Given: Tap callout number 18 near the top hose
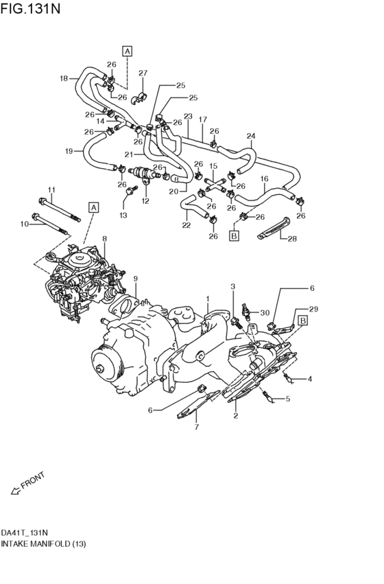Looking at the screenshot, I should (64, 78).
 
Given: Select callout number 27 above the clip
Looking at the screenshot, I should (143, 73).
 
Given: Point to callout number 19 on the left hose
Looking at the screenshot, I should (69, 150).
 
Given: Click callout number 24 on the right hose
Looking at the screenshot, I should (251, 136).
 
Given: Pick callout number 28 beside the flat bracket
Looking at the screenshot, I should (292, 239).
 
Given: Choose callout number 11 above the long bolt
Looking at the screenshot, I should (51, 189).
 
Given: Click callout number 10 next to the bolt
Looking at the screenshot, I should (24, 224).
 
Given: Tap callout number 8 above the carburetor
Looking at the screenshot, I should (104, 240).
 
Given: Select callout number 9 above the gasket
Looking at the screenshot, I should (136, 279).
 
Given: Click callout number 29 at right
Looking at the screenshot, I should (314, 309).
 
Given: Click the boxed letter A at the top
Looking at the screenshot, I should (128, 50).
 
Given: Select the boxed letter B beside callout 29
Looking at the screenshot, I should (302, 320).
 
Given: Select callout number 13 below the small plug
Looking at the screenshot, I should (123, 215).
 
